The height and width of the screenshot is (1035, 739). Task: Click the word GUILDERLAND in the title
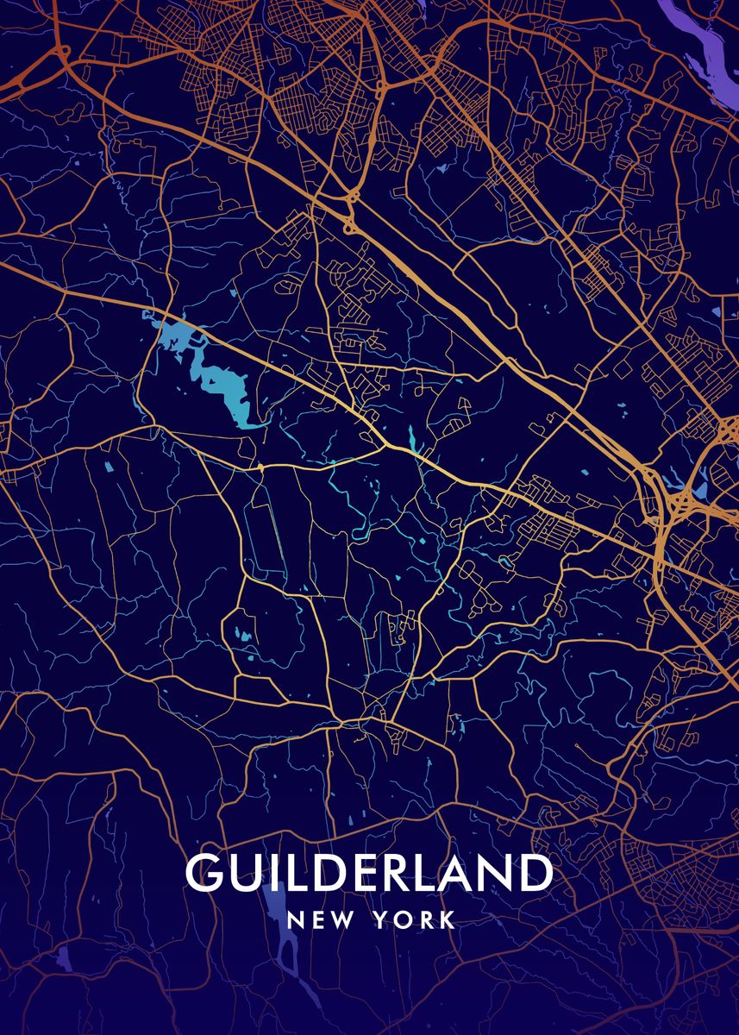[x=368, y=874]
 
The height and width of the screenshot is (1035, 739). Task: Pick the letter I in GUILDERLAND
[x=269, y=874]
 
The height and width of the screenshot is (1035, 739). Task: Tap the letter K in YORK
[x=448, y=920]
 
